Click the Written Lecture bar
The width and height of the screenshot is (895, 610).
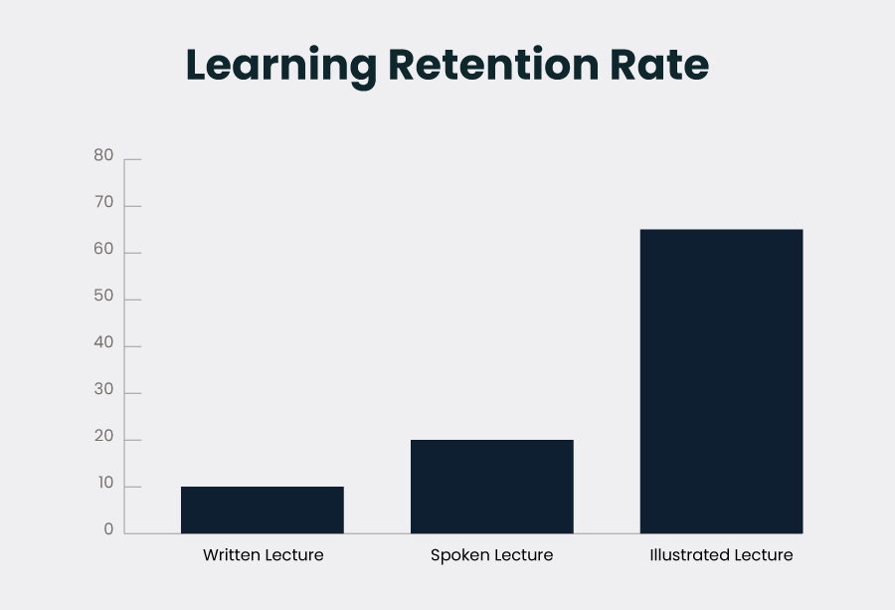point(263,509)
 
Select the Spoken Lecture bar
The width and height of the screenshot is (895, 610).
point(492,486)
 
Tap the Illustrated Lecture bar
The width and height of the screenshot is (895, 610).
point(721,381)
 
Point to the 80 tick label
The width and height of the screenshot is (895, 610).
point(103,155)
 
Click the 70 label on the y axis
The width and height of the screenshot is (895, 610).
point(103,203)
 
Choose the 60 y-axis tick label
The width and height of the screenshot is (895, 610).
point(103,250)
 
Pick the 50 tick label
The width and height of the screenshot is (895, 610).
point(103,297)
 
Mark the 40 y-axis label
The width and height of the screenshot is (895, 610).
point(103,343)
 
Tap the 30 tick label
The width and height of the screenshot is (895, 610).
point(103,390)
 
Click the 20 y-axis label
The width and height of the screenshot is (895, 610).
point(103,437)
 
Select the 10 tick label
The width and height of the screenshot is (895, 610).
point(103,484)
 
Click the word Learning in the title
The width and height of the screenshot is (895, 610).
point(281,66)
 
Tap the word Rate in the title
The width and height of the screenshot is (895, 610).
point(662,66)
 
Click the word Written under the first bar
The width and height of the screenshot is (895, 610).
point(232,555)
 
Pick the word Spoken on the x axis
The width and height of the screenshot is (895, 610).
point(458,555)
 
